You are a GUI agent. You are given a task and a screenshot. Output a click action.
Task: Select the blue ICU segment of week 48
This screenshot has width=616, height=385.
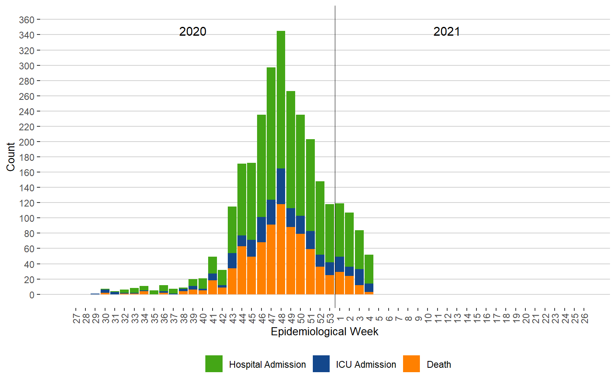[x=281, y=186]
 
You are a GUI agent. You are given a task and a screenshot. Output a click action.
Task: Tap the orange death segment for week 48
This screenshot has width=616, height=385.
[x=281, y=249]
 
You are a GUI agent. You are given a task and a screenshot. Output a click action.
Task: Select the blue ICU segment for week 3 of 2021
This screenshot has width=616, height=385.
[x=359, y=277]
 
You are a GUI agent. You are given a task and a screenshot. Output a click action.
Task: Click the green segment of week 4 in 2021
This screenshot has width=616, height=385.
[x=369, y=269]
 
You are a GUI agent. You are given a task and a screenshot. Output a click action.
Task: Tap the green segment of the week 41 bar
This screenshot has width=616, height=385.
[x=213, y=265]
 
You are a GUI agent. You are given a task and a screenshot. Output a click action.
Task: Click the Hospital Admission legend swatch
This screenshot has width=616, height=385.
[x=214, y=364]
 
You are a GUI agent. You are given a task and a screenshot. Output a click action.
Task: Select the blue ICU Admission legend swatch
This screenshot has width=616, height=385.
[x=321, y=364]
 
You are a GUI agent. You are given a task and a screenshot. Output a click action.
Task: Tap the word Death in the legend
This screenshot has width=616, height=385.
[x=439, y=365]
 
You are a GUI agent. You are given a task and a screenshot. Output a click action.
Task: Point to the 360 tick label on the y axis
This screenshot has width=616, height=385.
[x=26, y=20]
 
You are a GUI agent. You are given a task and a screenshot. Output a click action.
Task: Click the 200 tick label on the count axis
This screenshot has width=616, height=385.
[x=26, y=142]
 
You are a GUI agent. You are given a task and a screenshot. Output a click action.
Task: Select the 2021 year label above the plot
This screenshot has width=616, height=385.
[x=446, y=32]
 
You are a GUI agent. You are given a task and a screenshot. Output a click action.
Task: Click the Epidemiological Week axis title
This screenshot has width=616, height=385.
[x=324, y=332]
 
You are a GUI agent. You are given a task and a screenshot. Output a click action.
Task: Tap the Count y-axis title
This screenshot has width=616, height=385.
[x=10, y=157]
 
